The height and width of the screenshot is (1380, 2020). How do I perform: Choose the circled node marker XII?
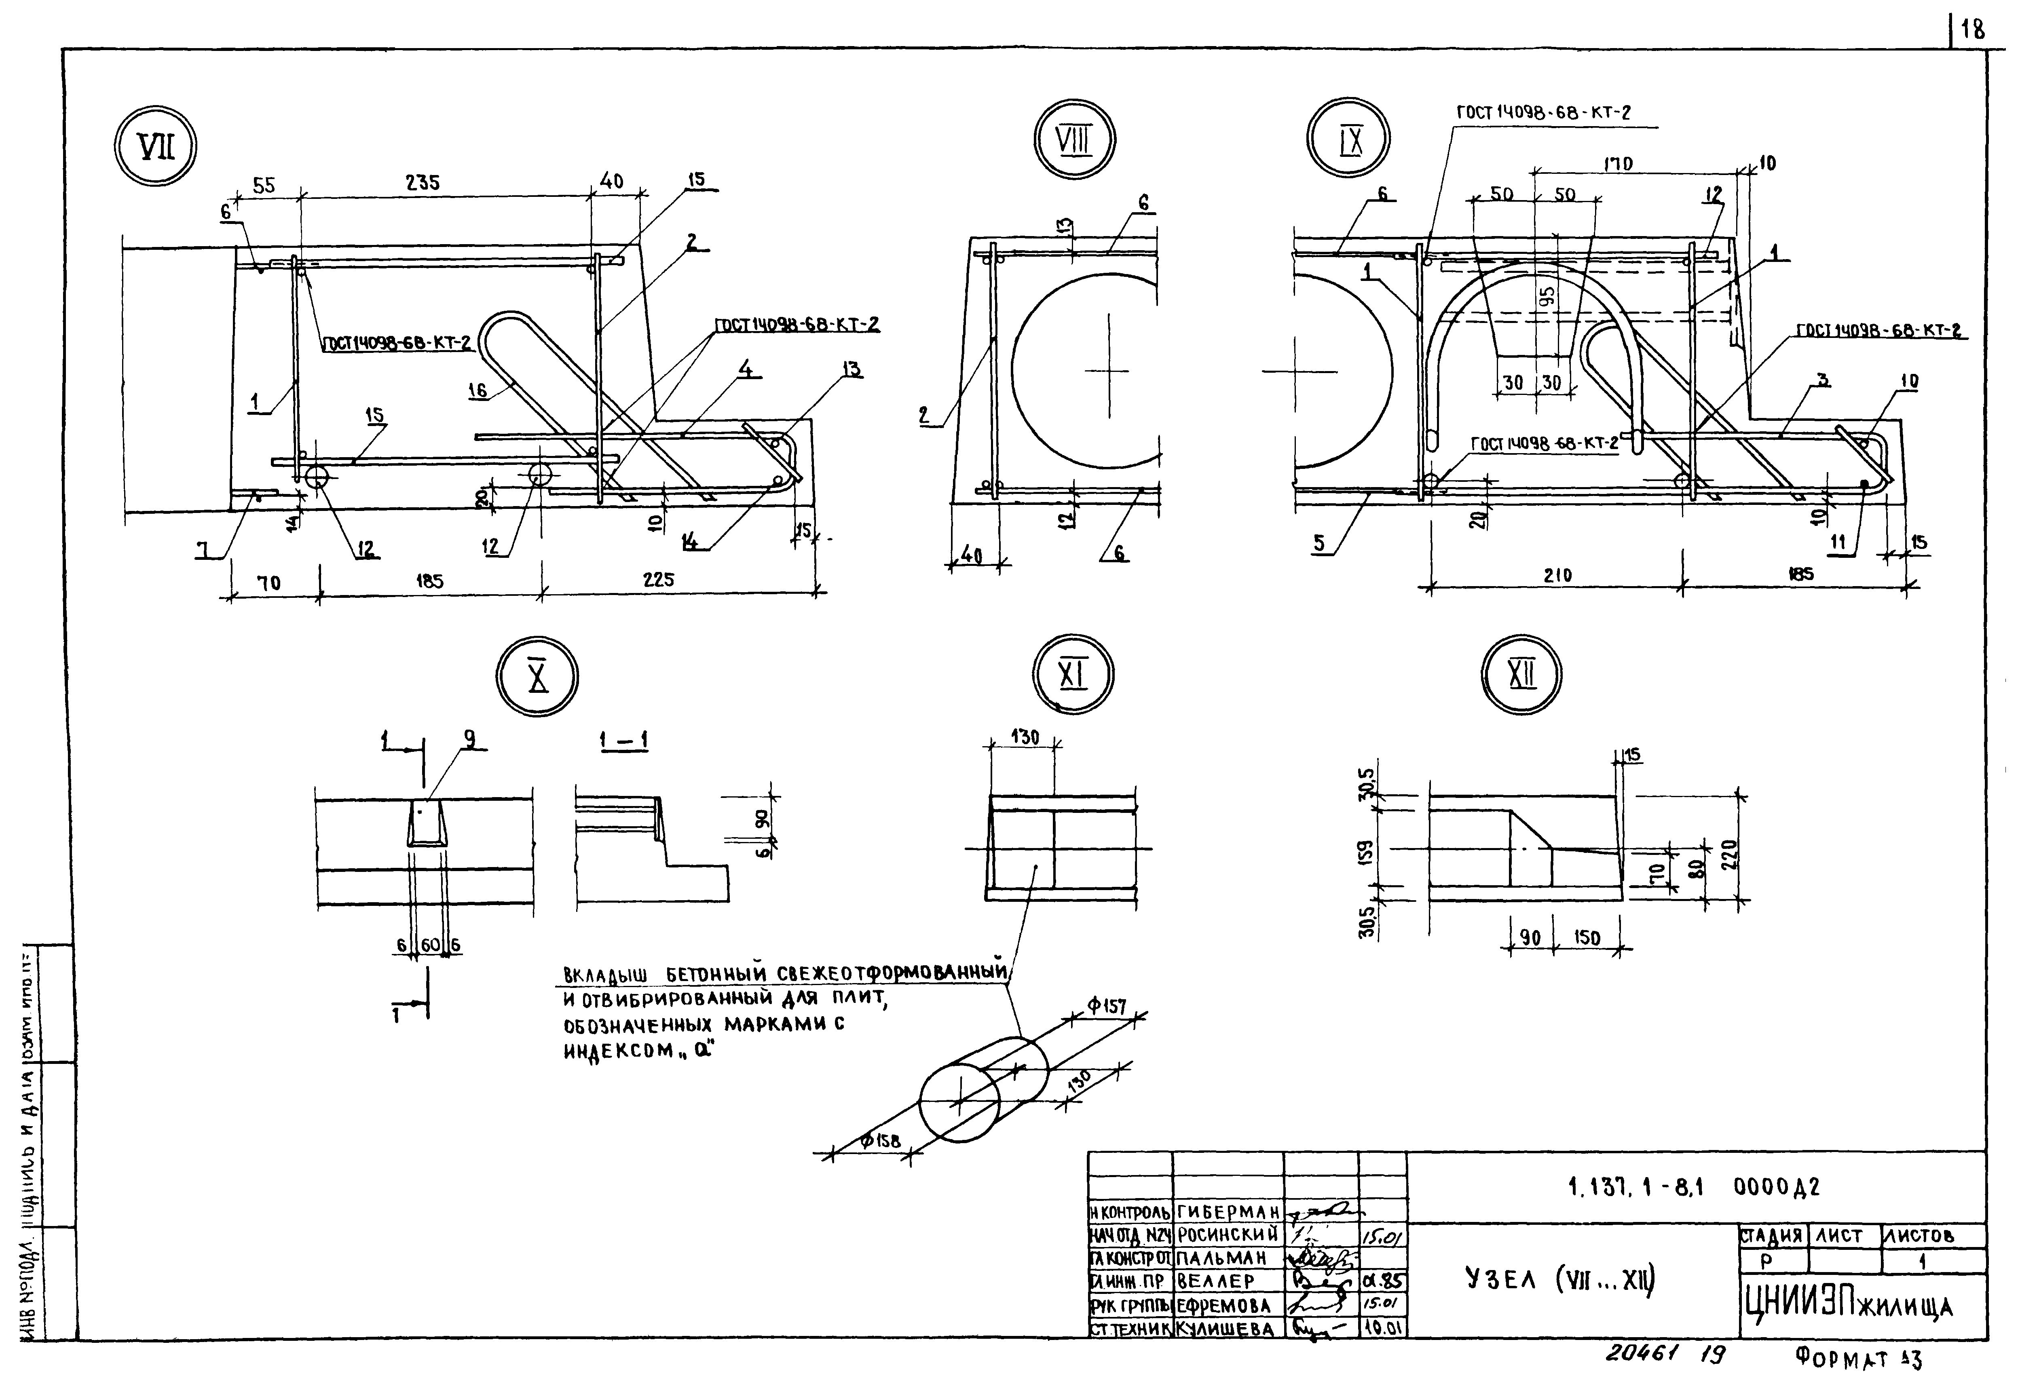[1521, 674]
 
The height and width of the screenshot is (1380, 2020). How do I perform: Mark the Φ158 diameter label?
[881, 1141]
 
